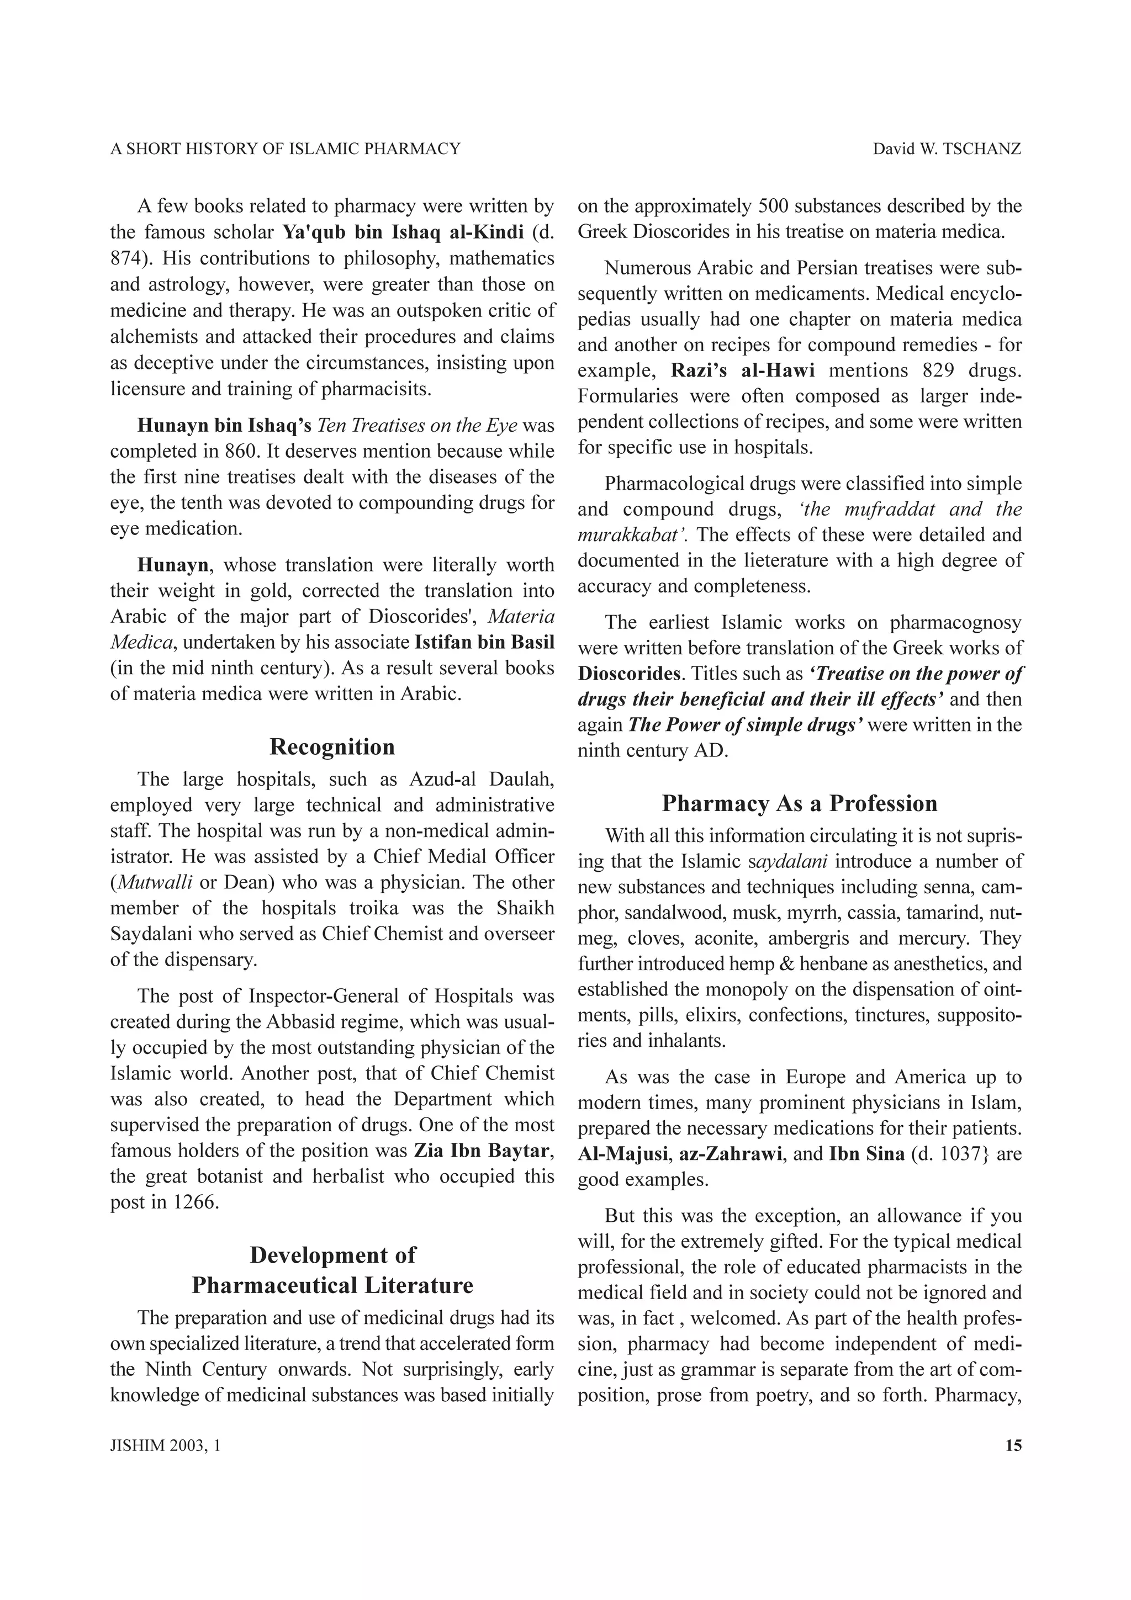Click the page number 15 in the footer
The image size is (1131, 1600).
point(1013,1445)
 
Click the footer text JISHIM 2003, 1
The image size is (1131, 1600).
point(165,1445)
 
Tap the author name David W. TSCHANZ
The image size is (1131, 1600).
point(947,149)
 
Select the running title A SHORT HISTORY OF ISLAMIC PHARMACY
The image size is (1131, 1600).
point(285,149)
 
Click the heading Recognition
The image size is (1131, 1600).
point(332,747)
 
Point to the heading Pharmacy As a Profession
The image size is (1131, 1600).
point(799,803)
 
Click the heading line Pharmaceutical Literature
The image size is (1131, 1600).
point(332,1285)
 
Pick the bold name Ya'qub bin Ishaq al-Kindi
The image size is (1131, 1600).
point(403,232)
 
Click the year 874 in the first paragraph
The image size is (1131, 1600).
point(125,258)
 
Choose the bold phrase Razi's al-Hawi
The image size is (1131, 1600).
point(742,370)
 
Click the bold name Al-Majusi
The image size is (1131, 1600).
point(622,1154)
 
